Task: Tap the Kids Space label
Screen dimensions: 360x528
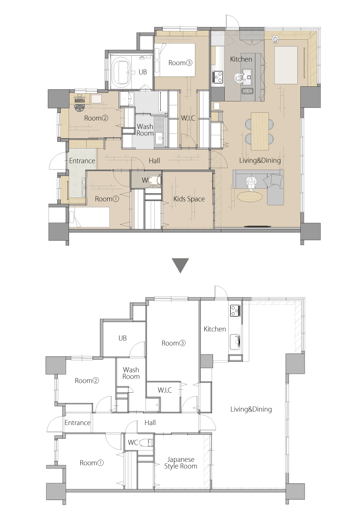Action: click(x=189, y=199)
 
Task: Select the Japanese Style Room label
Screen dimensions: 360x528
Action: click(x=181, y=463)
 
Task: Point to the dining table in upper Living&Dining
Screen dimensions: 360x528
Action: click(x=260, y=131)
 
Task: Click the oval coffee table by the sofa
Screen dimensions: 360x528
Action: click(x=251, y=196)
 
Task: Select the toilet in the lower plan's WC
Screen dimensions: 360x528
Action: click(x=146, y=443)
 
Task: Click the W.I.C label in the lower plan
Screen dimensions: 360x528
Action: click(x=165, y=390)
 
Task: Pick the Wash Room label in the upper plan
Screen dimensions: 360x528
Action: click(x=145, y=129)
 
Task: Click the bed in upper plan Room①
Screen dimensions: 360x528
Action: click(x=90, y=218)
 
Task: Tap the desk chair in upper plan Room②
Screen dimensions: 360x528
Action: click(x=80, y=105)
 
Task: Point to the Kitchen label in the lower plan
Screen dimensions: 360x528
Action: click(x=215, y=328)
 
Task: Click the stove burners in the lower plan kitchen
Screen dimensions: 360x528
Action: click(x=235, y=310)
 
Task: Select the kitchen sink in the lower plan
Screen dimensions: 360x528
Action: click(x=235, y=343)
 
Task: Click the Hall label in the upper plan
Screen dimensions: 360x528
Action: click(x=154, y=161)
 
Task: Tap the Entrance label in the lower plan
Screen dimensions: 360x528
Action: click(x=77, y=423)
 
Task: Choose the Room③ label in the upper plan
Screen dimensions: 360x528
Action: click(x=180, y=63)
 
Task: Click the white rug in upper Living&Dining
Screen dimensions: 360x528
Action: click(x=286, y=65)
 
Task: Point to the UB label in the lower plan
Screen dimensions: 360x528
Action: click(x=122, y=338)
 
